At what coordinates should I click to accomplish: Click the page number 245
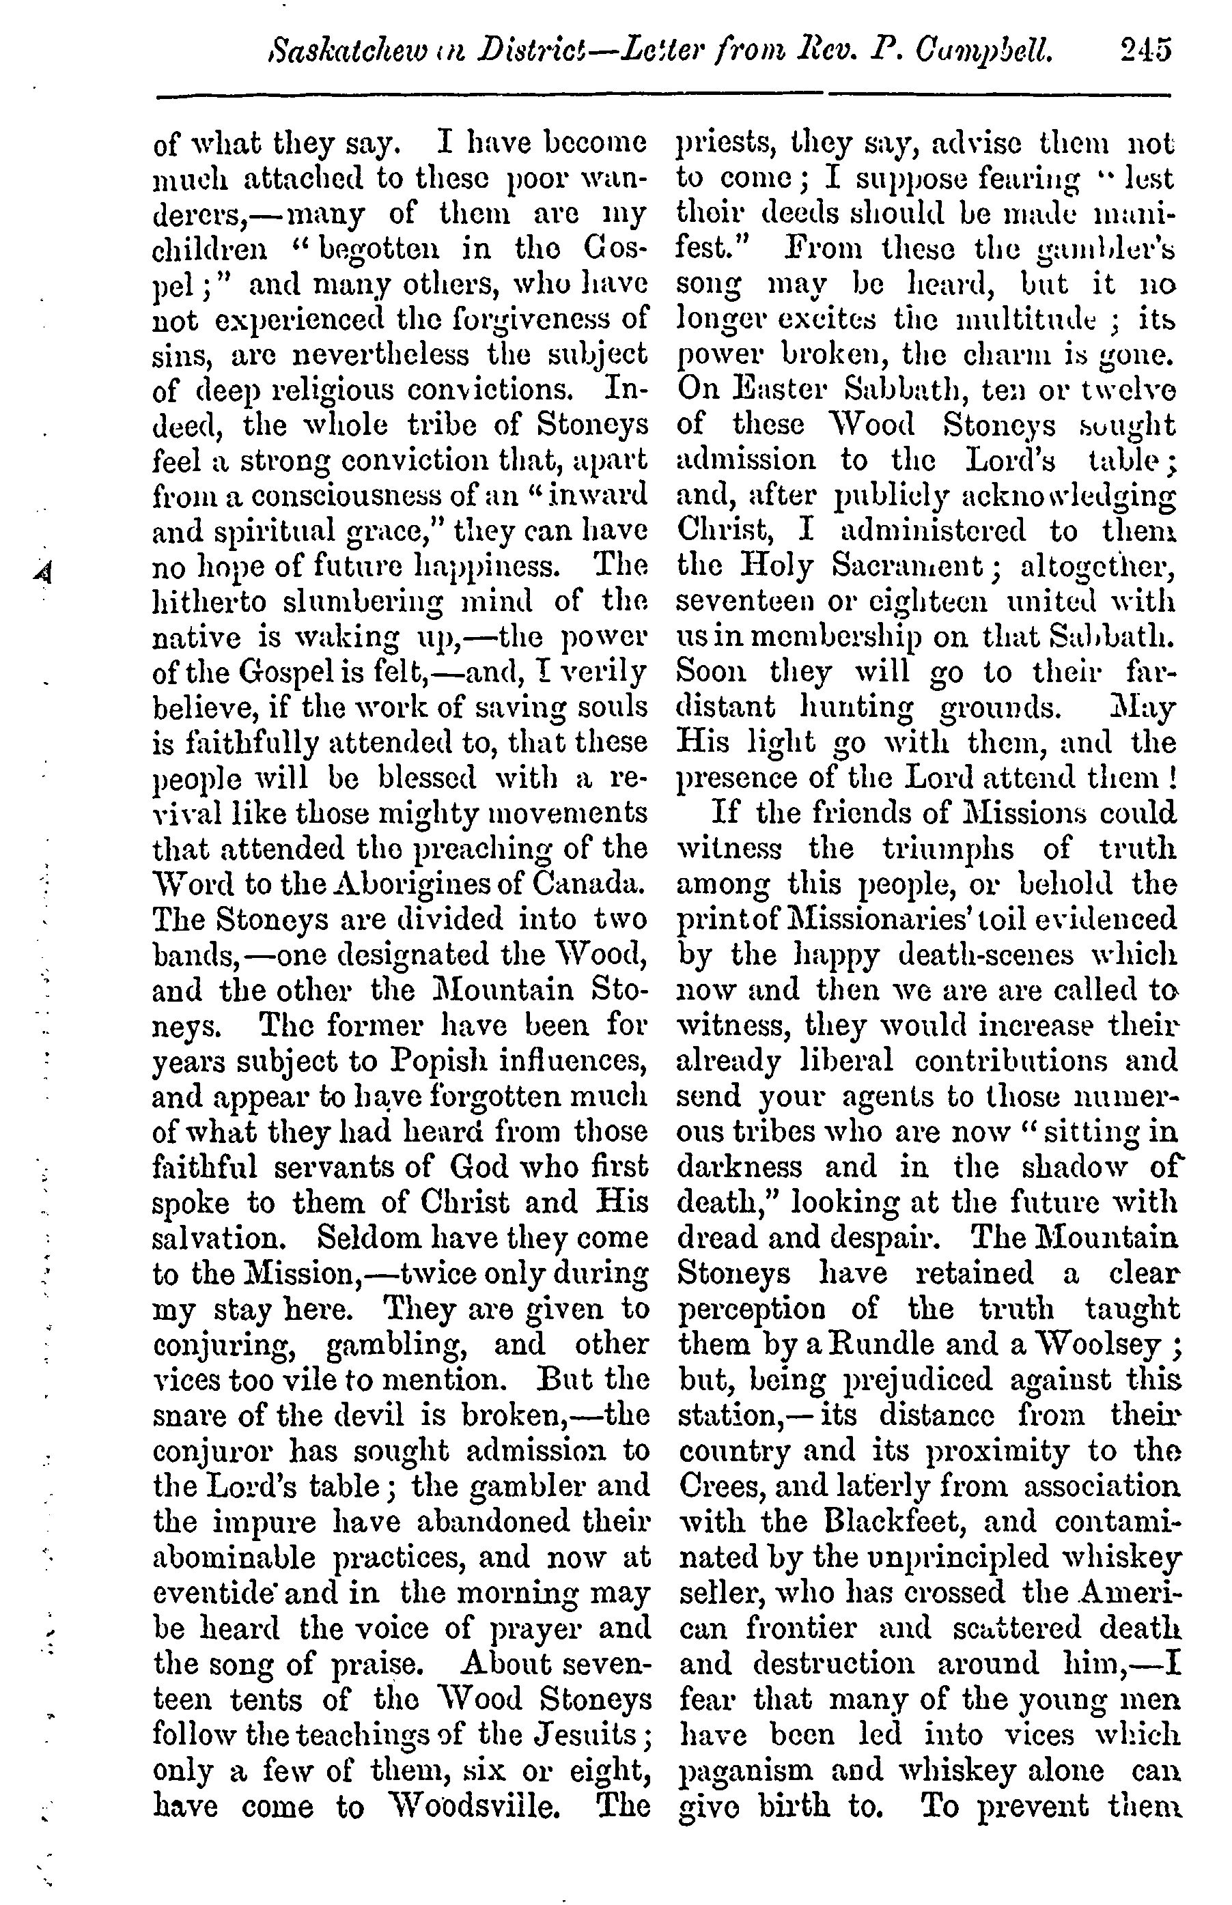(1145, 50)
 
